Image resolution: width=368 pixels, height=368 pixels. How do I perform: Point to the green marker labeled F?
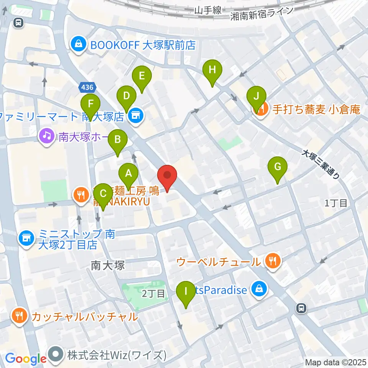pyautogui.click(x=90, y=104)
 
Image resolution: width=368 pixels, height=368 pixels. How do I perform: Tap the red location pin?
pyautogui.click(x=168, y=176)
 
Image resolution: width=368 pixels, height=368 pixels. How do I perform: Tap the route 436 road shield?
pyautogui.click(x=87, y=88)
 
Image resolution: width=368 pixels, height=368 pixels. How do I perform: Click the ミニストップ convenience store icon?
pyautogui.click(x=25, y=238)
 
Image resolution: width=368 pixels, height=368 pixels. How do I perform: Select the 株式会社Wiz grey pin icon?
pyautogui.click(x=56, y=355)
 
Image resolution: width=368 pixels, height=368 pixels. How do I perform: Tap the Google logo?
pyautogui.click(x=26, y=359)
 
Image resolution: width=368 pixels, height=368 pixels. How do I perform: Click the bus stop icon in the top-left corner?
pyautogui.click(x=18, y=23)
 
